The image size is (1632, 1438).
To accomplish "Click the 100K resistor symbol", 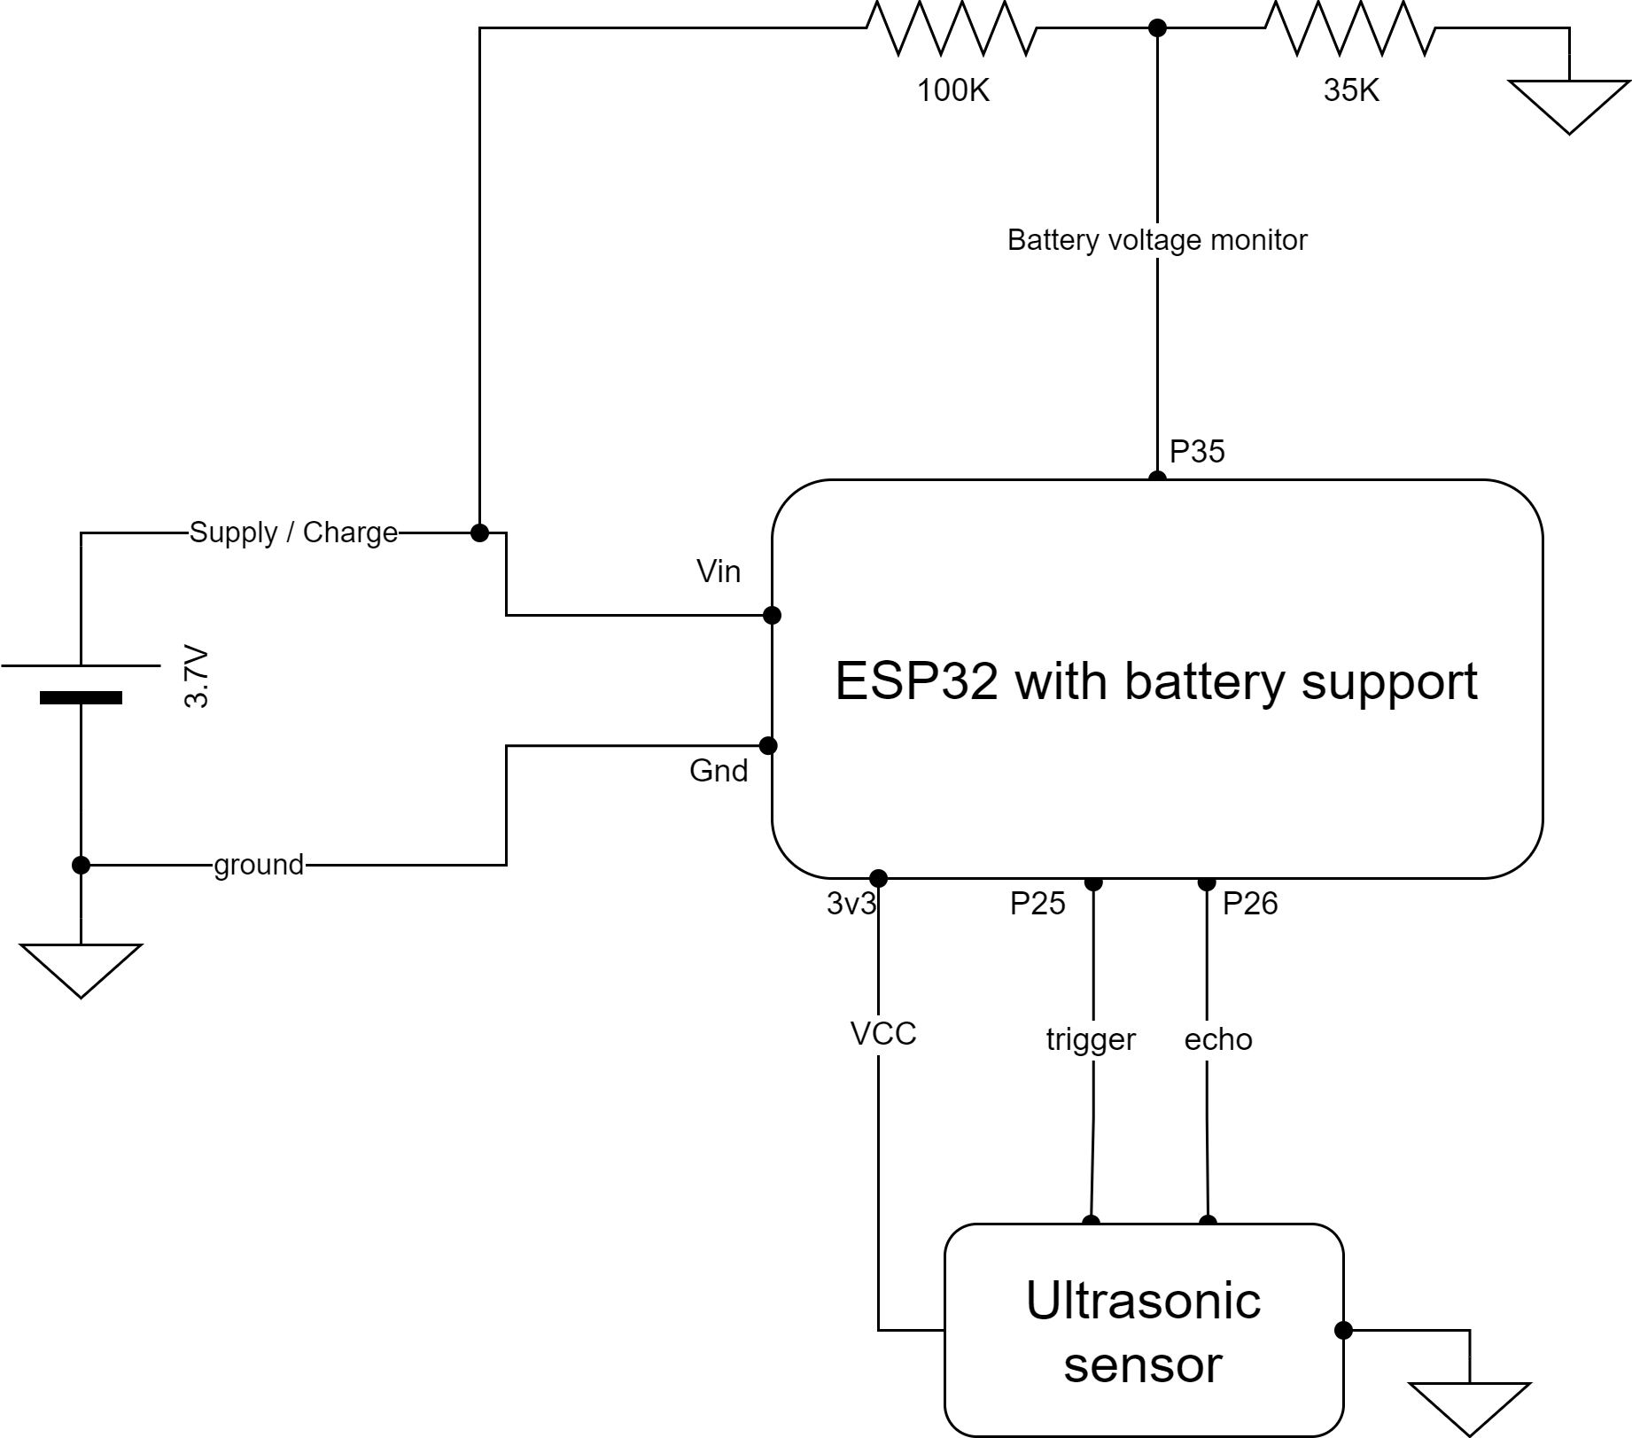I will coord(951,28).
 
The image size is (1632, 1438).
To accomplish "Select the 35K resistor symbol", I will coord(1350,28).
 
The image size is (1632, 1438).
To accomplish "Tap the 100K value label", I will coord(952,90).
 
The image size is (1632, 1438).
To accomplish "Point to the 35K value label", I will coord(1351,90).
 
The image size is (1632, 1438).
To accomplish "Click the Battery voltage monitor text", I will coord(1156,240).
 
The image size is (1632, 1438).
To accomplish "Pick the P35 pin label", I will coord(1196,452).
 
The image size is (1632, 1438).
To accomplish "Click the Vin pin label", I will coord(718,571).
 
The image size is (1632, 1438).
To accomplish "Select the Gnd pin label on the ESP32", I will coord(718,771).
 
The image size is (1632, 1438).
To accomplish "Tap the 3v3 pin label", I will coord(851,904).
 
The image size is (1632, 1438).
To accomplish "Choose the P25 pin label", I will coord(1037,904).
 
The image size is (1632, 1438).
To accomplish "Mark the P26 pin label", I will coord(1249,904).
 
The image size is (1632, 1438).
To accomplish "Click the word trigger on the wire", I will coord(1090,1039).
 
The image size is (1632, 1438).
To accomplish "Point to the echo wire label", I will coord(1217,1039).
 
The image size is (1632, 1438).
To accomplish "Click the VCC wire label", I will coord(882,1034).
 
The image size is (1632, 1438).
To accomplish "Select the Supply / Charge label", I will coord(293,532).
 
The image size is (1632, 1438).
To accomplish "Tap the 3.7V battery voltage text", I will coord(197,678).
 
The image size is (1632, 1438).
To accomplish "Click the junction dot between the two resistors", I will coord(1156,28).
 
